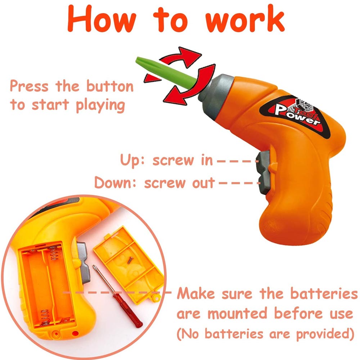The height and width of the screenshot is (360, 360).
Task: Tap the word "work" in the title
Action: pyautogui.click(x=245, y=19)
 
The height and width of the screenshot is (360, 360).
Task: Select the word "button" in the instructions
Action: pyautogui.click(x=110, y=86)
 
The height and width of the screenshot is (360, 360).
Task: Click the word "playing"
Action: pyautogui.click(x=100, y=106)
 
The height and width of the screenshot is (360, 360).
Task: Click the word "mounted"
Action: pyautogui.click(x=238, y=314)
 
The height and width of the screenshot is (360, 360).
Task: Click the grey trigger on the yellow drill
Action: pyautogui.click(x=83, y=262)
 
